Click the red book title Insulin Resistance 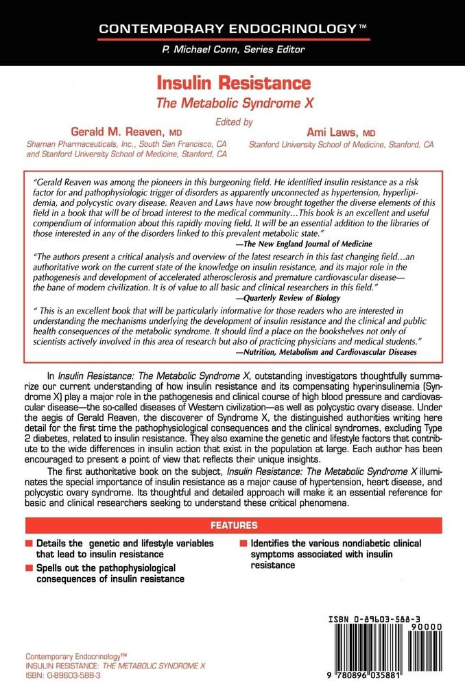pyautogui.click(x=235, y=85)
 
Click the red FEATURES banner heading pyautogui.click(x=234, y=526)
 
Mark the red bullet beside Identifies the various pyautogui.click(x=244, y=544)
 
